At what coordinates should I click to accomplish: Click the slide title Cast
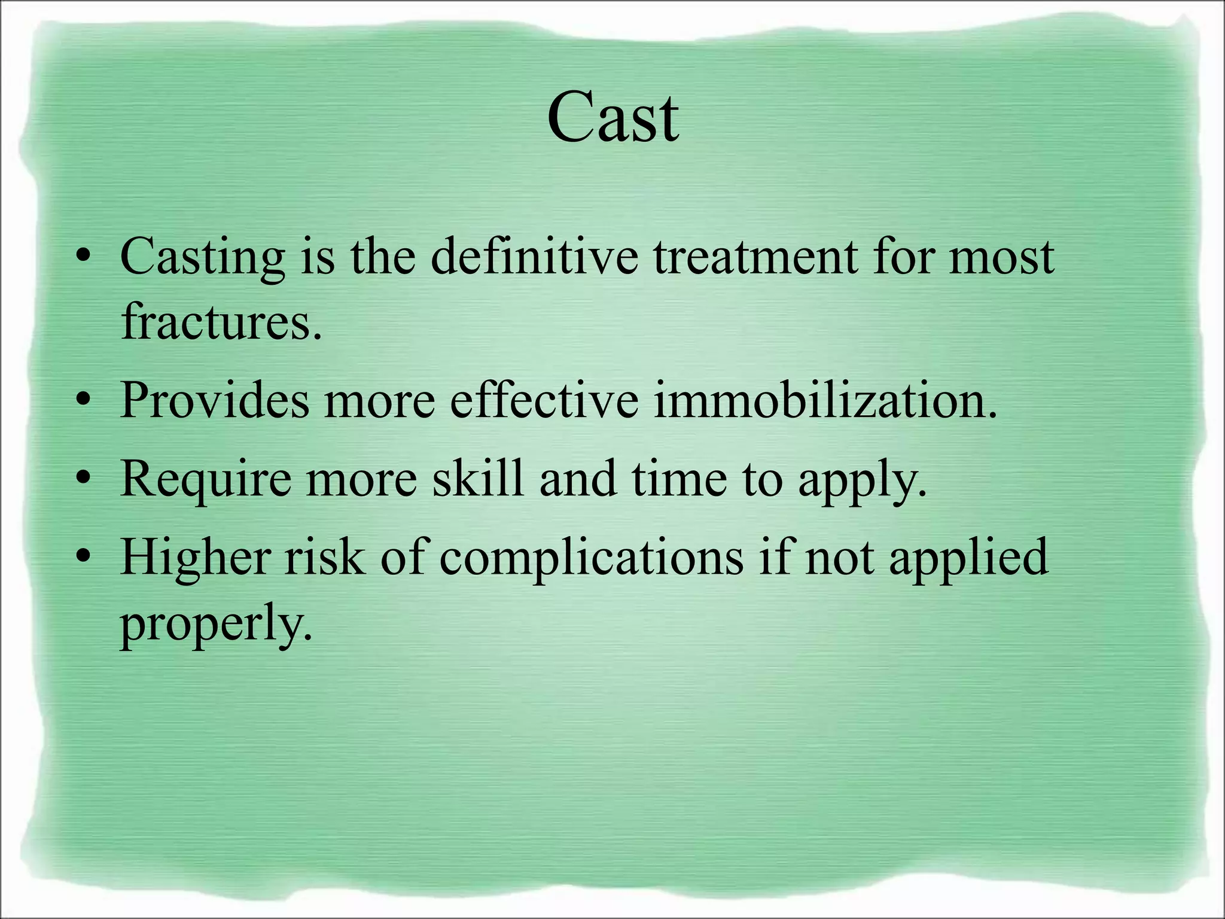612,118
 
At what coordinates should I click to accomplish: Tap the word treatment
755,257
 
